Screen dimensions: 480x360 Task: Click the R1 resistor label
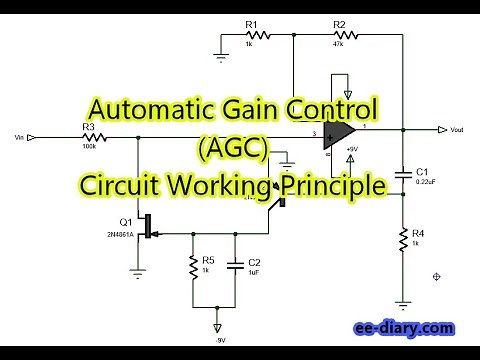click(x=252, y=24)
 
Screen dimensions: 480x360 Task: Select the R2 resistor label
click(x=339, y=24)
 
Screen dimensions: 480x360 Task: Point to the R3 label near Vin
click(x=88, y=126)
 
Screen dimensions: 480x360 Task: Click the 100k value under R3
click(x=89, y=147)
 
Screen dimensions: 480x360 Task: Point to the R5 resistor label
click(x=207, y=260)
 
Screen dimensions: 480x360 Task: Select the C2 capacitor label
click(x=254, y=260)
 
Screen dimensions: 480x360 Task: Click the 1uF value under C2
click(x=254, y=271)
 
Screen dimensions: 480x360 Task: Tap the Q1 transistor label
click(x=125, y=221)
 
